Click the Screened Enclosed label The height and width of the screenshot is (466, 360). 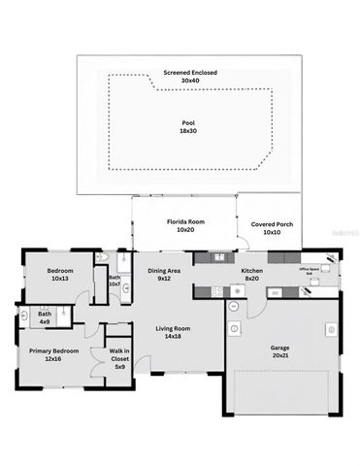pyautogui.click(x=189, y=72)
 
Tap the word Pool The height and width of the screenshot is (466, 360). pyautogui.click(x=188, y=122)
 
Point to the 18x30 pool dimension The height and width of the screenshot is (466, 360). pyautogui.click(x=188, y=130)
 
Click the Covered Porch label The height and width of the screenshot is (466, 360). pyautogui.click(x=272, y=224)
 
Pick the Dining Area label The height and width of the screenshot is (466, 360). pyautogui.click(x=164, y=271)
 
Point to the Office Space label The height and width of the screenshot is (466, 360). pyautogui.click(x=311, y=269)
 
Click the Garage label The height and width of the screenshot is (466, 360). pyautogui.click(x=279, y=348)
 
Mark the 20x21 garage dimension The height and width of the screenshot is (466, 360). pyautogui.click(x=279, y=356)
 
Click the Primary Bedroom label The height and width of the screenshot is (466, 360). pyautogui.click(x=52, y=350)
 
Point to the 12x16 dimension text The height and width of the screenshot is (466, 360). pyautogui.click(x=52, y=359)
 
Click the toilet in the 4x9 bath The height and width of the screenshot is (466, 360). pyautogui.click(x=22, y=316)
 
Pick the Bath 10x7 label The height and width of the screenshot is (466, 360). pyautogui.click(x=115, y=281)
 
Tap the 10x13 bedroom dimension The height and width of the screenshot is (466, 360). pyautogui.click(x=59, y=279)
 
